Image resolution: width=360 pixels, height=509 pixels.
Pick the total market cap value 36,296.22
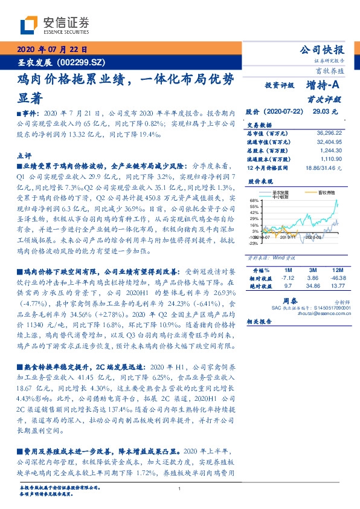(329, 132)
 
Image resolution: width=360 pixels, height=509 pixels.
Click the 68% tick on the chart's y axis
(255, 199)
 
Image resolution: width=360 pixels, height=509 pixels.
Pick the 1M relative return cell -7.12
(287, 277)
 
